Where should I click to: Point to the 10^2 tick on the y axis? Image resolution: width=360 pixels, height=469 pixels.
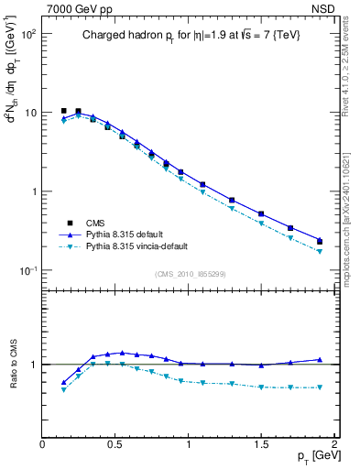tap(27, 34)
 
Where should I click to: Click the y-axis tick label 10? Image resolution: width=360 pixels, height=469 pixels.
tap(29, 113)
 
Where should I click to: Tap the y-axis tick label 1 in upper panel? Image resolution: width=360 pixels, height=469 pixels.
tap(34, 191)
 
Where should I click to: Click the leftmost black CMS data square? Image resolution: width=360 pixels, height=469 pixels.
tap(63, 111)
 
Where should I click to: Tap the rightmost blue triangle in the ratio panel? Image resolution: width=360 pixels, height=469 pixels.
tap(320, 360)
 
